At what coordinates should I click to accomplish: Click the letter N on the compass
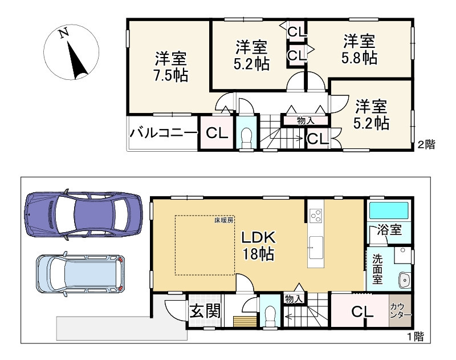tap(63, 34)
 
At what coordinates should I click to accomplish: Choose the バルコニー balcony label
tap(163, 133)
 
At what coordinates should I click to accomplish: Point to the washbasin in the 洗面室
tap(404, 280)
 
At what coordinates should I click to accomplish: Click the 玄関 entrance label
tap(205, 311)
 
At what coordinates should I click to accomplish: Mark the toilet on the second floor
tap(246, 136)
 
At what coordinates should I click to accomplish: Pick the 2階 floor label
tap(426, 144)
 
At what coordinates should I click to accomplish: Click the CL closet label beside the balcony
tap(217, 133)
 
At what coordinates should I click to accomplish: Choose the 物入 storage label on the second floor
tap(306, 120)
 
